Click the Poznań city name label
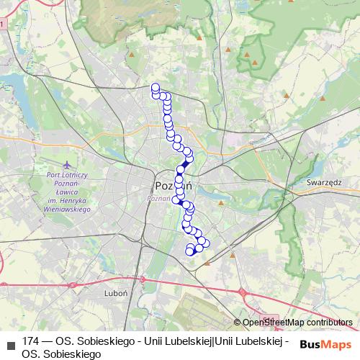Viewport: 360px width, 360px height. [173, 185]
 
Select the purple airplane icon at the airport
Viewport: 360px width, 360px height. [68, 164]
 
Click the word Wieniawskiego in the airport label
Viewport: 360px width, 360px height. [66, 210]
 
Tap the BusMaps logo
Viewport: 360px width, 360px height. [326, 344]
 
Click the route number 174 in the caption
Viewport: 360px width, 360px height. [31, 341]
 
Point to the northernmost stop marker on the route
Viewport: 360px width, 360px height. [155, 88]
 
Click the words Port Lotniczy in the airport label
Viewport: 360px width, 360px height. [66, 175]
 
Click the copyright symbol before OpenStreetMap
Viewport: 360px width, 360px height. [238, 323]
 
